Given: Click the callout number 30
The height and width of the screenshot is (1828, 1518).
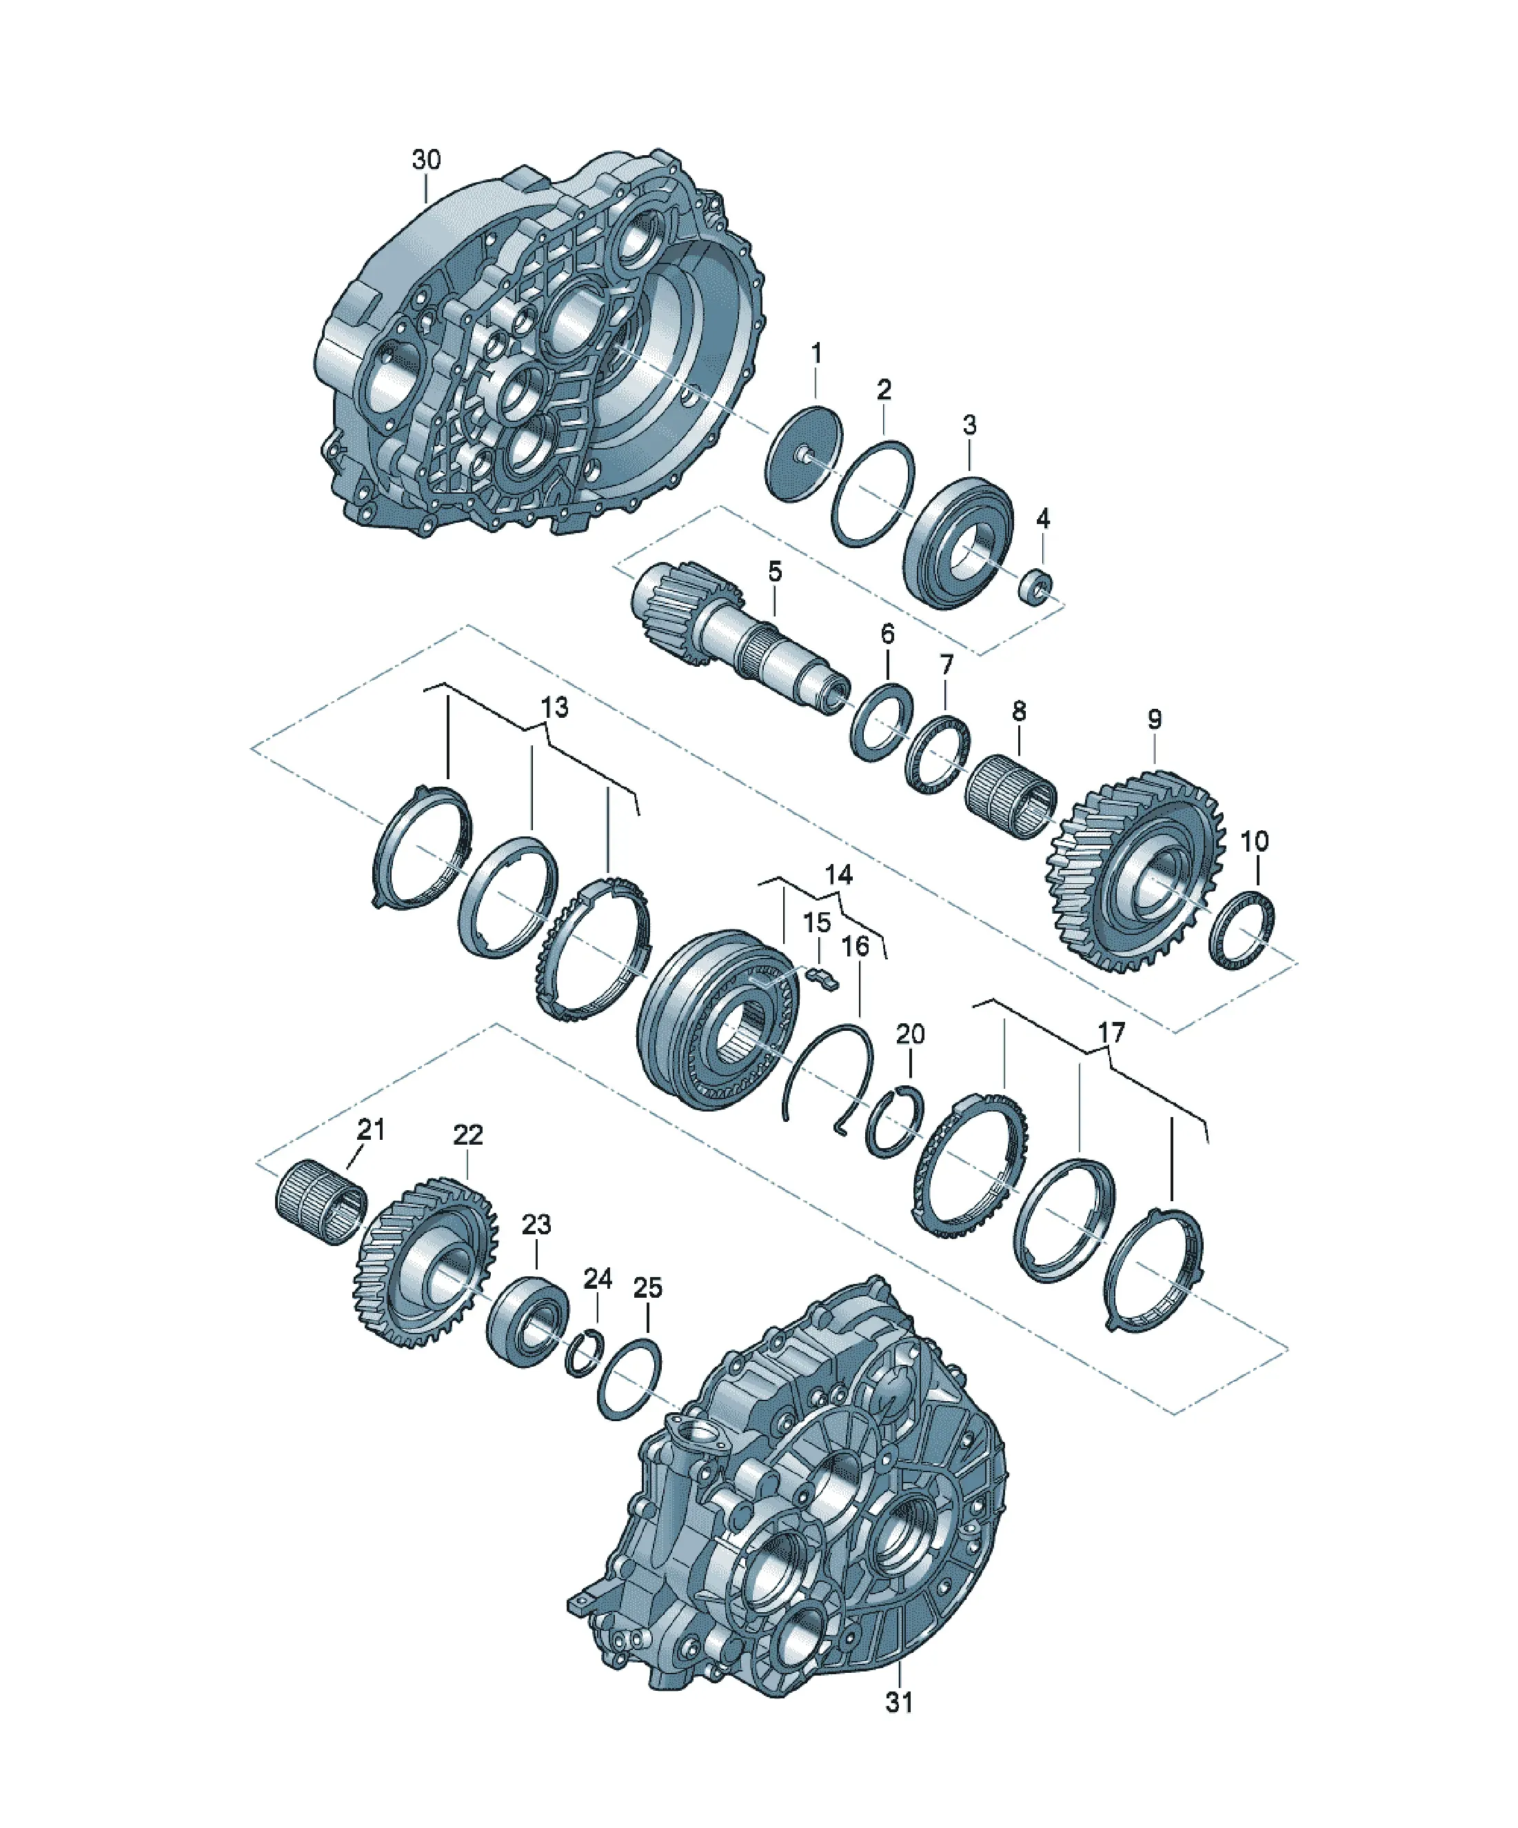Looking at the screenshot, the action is point(427,160).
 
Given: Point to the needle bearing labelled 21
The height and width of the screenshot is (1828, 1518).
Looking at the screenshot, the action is point(321,1202).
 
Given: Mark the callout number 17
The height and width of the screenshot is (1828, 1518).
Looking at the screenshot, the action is point(1111,1032).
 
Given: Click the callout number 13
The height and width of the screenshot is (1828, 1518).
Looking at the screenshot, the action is point(554,707).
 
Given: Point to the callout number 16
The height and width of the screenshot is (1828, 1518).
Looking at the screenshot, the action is point(856,945).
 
